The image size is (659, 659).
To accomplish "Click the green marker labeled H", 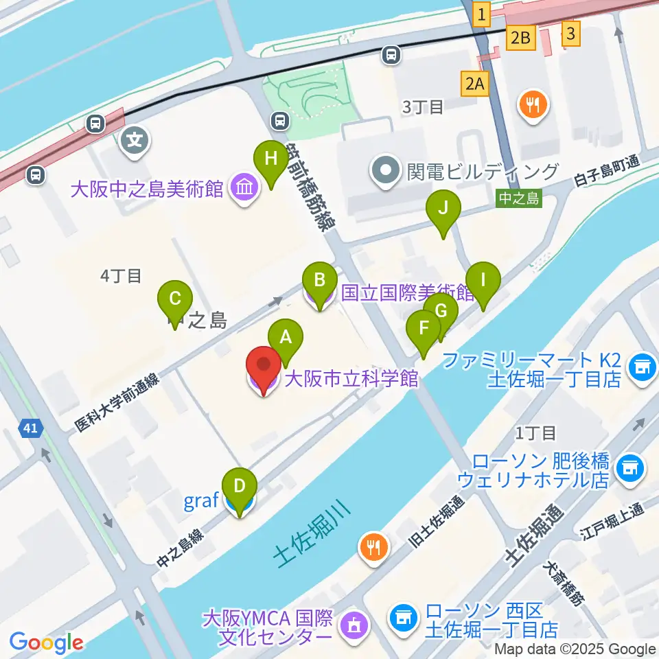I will [270, 160].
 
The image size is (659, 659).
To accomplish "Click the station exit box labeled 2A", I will [475, 84].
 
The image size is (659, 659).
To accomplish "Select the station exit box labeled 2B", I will [520, 38].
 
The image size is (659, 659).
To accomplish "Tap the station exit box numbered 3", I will [570, 32].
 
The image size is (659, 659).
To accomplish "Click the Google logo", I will [47, 643].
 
